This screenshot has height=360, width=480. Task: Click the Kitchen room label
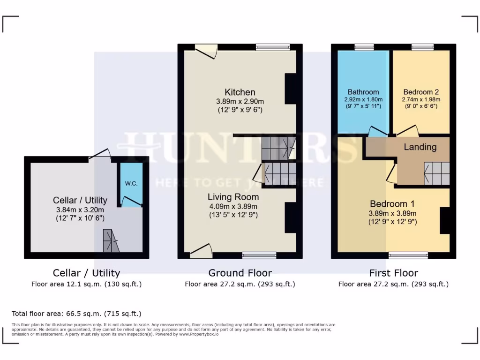(240, 92)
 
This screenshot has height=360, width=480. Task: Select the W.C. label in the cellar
(131, 183)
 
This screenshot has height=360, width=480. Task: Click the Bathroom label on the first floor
(363, 92)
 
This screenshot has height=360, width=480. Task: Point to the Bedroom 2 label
(420, 92)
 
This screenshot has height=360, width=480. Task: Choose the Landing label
(420, 147)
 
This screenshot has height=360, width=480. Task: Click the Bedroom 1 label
(392, 204)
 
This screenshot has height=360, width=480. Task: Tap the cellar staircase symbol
(111, 241)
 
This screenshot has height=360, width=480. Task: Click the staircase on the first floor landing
(437, 173)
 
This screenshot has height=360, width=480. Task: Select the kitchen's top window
(273, 47)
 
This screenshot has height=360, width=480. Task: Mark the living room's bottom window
(259, 255)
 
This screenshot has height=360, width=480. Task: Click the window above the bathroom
(364, 47)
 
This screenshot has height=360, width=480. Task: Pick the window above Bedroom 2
(422, 47)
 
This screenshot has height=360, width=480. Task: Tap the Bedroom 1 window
(408, 255)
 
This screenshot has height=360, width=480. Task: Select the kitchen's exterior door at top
(206, 50)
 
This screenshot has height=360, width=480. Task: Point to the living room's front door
(201, 251)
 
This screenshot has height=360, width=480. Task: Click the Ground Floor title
(240, 273)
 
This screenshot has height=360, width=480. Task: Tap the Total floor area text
(76, 314)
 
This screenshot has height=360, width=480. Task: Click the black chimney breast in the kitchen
(291, 89)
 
